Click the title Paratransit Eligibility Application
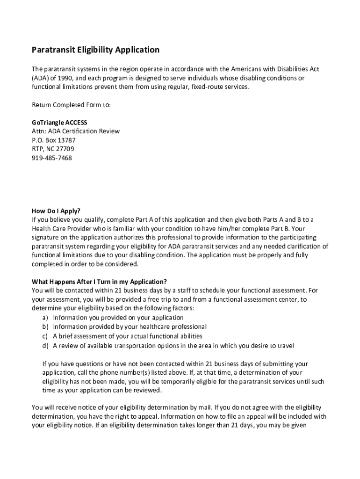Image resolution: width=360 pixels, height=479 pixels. [95, 50]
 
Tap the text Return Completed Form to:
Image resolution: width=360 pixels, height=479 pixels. [71, 104]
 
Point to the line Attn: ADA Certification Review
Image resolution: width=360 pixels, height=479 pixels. [76, 131]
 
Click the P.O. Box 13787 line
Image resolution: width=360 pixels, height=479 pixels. [54, 140]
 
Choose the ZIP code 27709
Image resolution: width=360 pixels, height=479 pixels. [65, 149]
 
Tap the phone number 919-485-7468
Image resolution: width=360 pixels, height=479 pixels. [52, 158]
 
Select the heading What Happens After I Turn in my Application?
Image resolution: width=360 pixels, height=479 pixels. [99, 281]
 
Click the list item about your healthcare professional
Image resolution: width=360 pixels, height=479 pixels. [130, 327]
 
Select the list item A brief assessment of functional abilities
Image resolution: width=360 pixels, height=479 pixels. [128, 336]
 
